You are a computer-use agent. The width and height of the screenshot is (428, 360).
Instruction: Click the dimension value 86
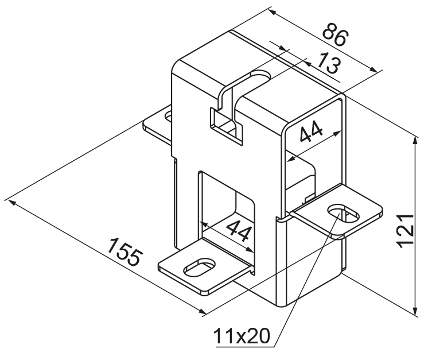(335, 34)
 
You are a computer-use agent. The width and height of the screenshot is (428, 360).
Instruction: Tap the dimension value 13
(329, 63)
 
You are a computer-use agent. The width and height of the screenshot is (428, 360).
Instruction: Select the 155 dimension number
(125, 252)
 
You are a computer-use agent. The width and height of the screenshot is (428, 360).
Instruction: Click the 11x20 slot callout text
(242, 336)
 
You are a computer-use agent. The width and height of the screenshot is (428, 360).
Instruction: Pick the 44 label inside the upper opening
(311, 132)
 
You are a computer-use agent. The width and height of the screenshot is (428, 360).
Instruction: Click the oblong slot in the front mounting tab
(199, 266)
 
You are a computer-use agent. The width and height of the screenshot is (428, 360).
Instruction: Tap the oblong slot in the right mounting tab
(344, 213)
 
